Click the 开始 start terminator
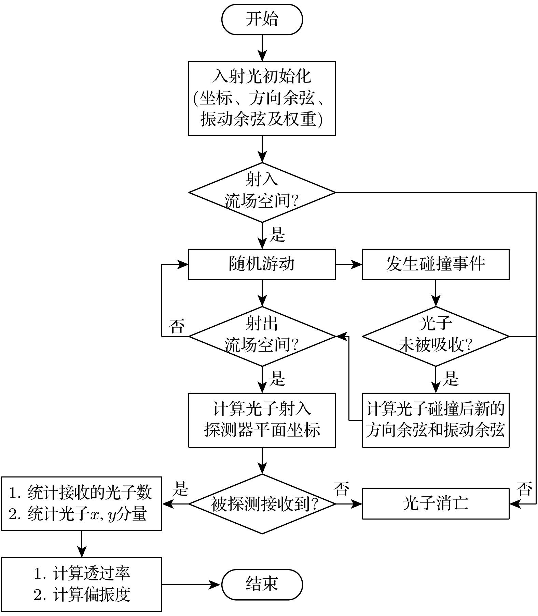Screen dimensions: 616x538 coord(262,19)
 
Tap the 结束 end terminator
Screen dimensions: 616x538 coord(262,584)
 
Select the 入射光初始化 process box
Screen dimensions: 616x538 coord(262,99)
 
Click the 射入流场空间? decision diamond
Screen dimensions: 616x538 coord(262,192)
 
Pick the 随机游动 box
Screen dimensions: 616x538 coord(262,264)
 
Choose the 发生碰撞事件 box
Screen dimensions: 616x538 coord(436,264)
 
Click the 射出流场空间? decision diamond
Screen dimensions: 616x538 coord(262,336)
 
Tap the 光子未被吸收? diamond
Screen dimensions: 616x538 coord(436,336)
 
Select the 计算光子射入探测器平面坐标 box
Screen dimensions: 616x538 coord(262,420)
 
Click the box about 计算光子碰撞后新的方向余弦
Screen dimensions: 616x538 coord(436,420)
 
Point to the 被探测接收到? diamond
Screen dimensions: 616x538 coord(262,504)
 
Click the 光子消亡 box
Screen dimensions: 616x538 coord(436,504)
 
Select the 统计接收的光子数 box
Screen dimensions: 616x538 coord(81,504)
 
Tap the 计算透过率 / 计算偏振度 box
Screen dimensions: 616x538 coord(81,585)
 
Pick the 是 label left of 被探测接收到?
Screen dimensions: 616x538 coord(180,489)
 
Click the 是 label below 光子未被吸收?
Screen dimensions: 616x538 coord(450,379)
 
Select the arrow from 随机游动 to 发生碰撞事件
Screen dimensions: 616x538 coord(349,264)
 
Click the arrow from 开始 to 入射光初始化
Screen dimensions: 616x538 coord(262,48)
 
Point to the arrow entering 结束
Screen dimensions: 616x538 coord(192,585)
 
